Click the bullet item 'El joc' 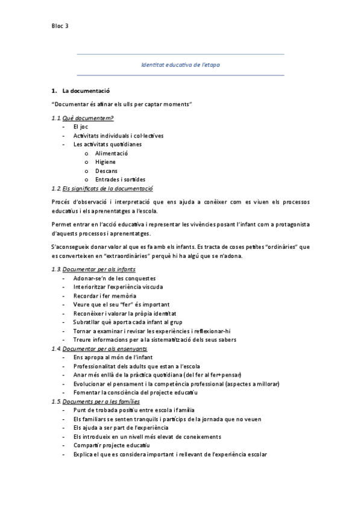(80, 127)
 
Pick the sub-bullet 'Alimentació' (111, 153)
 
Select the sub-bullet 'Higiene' (105, 161)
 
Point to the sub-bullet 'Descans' (106, 171)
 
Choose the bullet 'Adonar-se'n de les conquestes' (115, 278)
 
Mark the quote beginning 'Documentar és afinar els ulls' (122, 105)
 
